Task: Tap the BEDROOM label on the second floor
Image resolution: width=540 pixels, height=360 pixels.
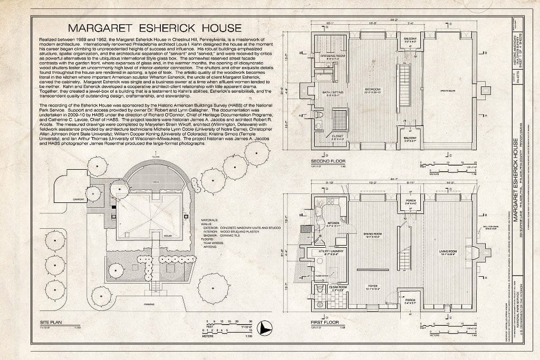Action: pyautogui.click(x=372, y=90)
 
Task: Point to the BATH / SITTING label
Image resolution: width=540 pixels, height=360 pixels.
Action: pyautogui.click(x=332, y=93)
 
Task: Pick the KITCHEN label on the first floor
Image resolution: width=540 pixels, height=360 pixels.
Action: pyautogui.click(x=333, y=223)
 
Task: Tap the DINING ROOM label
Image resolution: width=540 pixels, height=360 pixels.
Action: pyautogui.click(x=372, y=233)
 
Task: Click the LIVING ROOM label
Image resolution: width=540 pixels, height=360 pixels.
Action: pyautogui.click(x=448, y=251)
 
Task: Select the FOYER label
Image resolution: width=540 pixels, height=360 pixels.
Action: pyautogui.click(x=372, y=287)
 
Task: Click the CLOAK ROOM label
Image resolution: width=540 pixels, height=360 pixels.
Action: pyautogui.click(x=336, y=287)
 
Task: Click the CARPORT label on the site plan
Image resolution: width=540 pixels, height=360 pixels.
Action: pyautogui.click(x=80, y=200)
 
